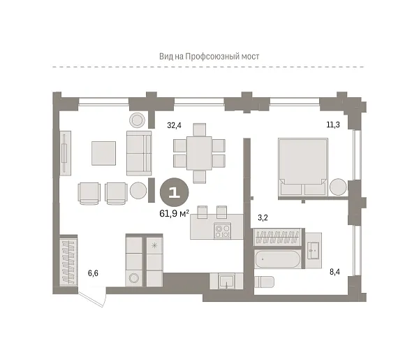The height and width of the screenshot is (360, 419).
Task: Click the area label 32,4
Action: pyautogui.click(x=174, y=125)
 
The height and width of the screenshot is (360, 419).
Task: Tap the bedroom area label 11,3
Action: pyautogui.click(x=333, y=124)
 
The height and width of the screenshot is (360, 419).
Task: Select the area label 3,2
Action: pyautogui.click(x=263, y=217)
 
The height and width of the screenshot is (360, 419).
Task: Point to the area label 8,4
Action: pyautogui.click(x=335, y=273)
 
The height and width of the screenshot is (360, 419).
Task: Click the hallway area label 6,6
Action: pyautogui.click(x=93, y=273)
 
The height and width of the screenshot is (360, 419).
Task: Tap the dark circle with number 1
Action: pyautogui.click(x=174, y=192)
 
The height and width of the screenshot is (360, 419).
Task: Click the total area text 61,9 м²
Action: pyautogui.click(x=174, y=213)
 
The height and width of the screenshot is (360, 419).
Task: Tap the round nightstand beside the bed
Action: pyautogui.click(x=338, y=187)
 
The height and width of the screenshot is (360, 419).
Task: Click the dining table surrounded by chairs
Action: pyautogui.click(x=199, y=153)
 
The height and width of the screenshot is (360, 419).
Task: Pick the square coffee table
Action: pyautogui.click(x=103, y=153)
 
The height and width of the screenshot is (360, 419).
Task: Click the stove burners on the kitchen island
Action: pyautogui.click(x=222, y=231)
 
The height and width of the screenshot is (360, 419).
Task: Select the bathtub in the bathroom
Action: pyautogui.click(x=277, y=259)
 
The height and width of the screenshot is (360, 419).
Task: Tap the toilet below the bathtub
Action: pyautogui.click(x=264, y=282)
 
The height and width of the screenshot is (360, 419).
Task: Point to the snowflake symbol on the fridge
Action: pyautogui.click(x=154, y=245)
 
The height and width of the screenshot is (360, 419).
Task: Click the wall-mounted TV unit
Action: pyautogui.click(x=65, y=153)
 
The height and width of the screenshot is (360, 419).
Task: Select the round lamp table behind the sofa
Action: pyautogui.click(x=137, y=120)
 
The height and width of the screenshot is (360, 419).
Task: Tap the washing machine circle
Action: pyautogui.click(x=133, y=278)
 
